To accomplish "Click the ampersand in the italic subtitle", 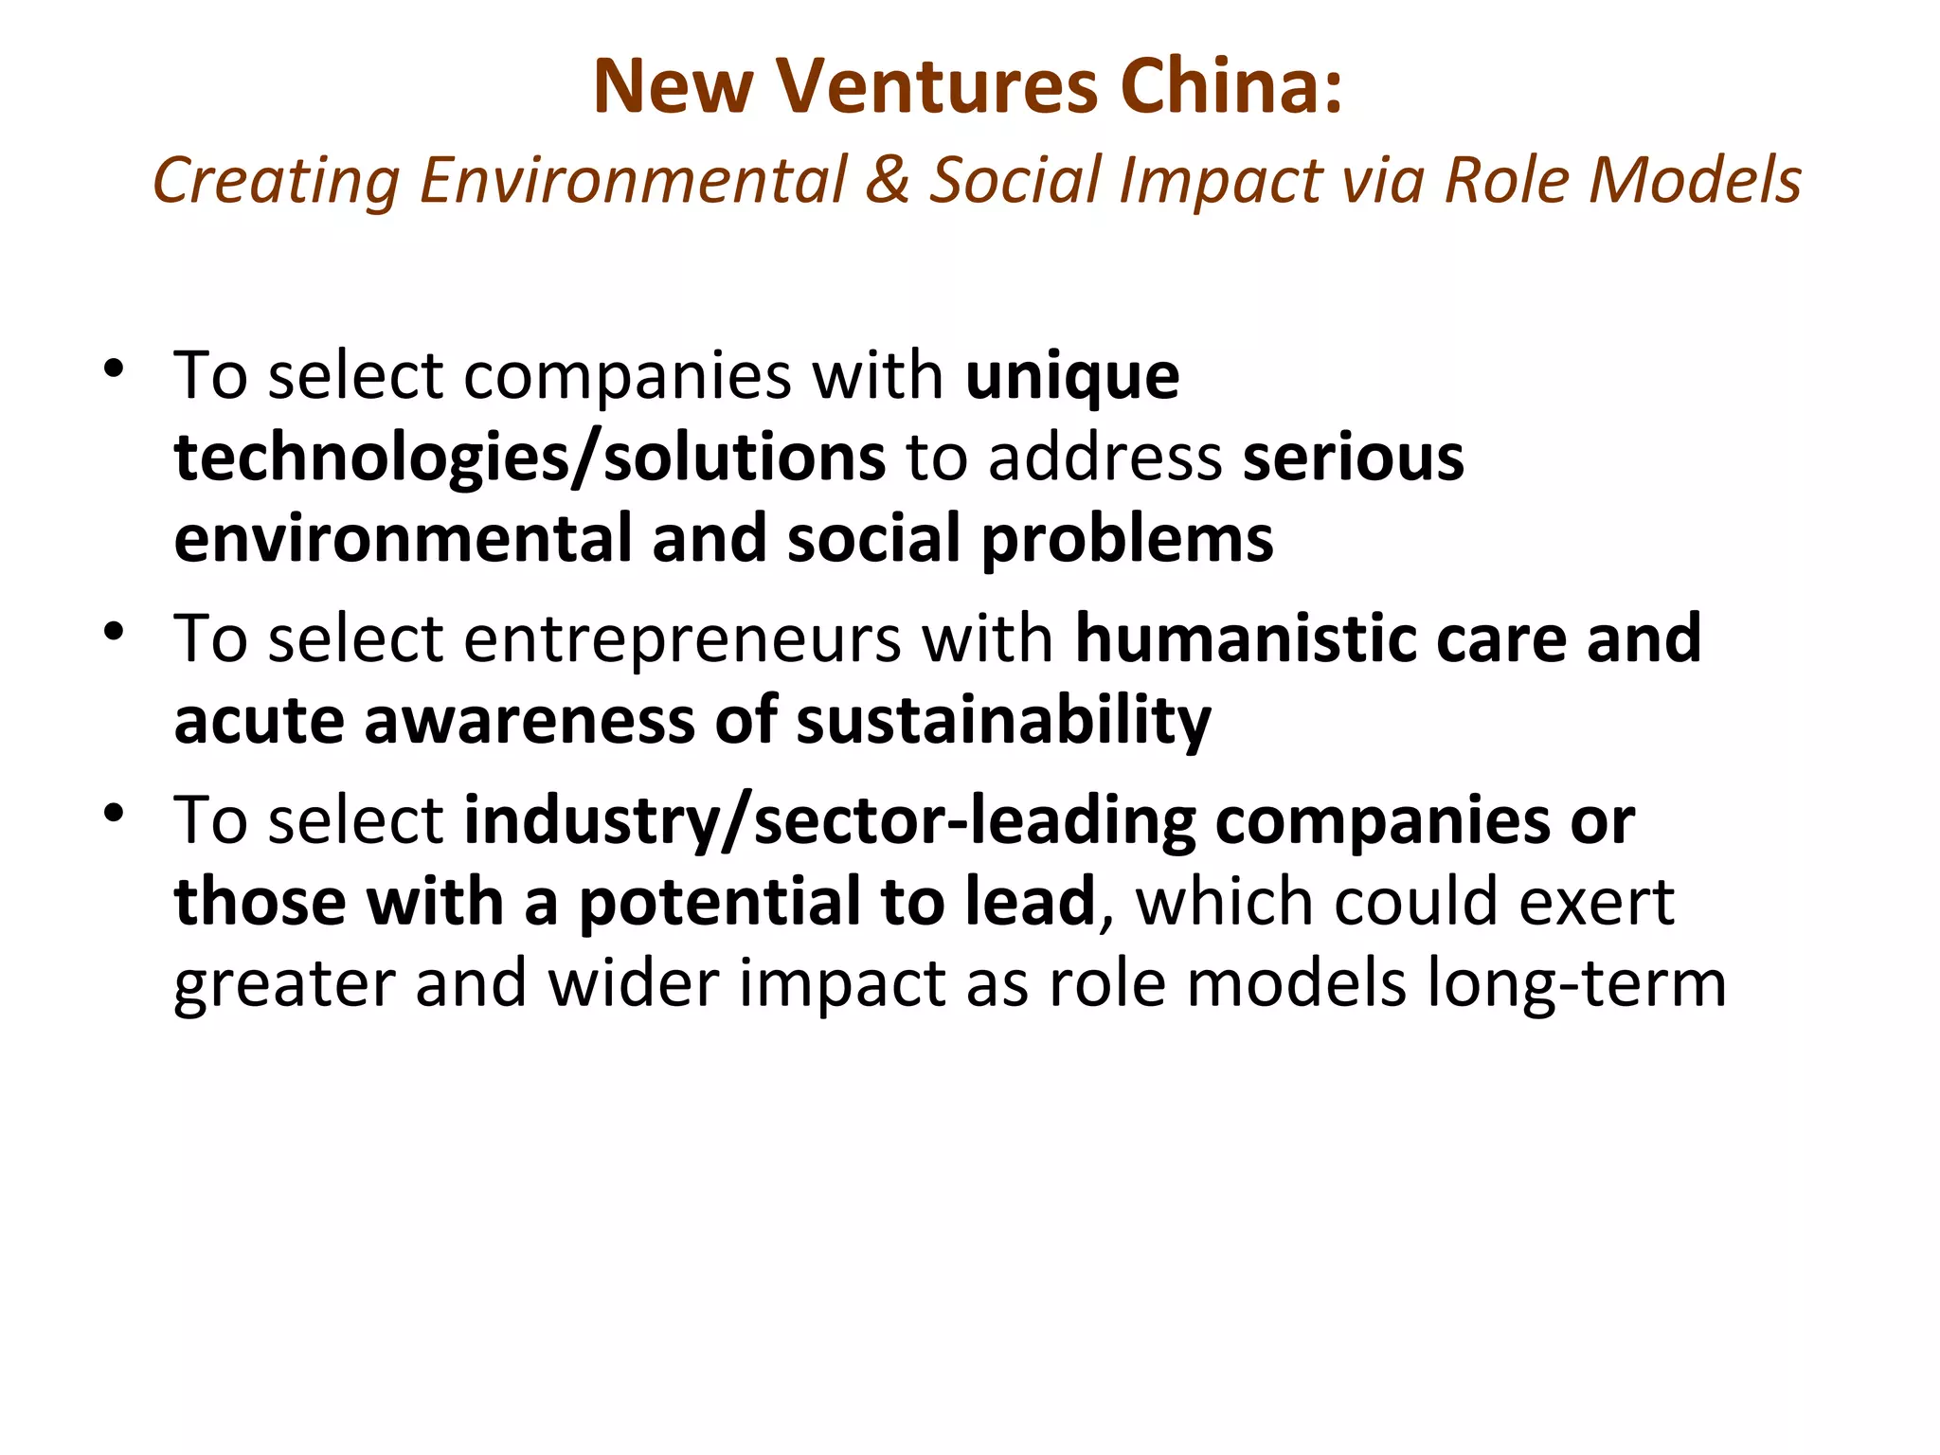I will click(887, 180).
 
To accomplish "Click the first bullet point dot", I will click(115, 369).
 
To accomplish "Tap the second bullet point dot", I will click(115, 633).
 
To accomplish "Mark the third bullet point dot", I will click(115, 814).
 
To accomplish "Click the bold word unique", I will click(1072, 377).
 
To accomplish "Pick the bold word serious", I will click(1353, 458).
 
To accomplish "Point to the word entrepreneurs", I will click(682, 638).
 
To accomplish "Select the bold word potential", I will click(720, 902).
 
